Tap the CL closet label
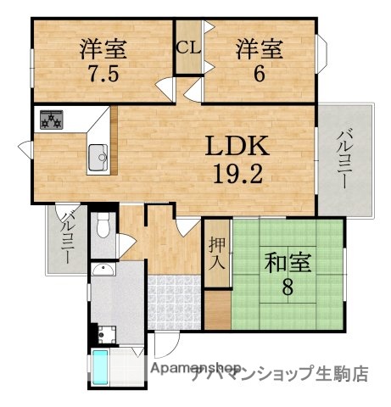pyautogui.click(x=187, y=47)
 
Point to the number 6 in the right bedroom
pyautogui.click(x=259, y=72)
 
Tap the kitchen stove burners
pyautogui.click(x=51, y=120)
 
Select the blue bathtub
pyautogui.click(x=100, y=368)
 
